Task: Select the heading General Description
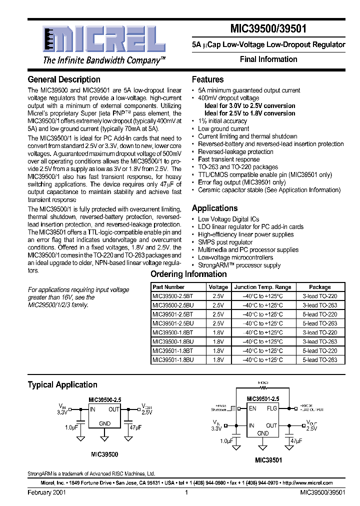[x=64, y=79]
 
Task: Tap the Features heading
[x=207, y=79]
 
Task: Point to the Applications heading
[x=214, y=208]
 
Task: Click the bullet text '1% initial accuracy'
[x=222, y=121]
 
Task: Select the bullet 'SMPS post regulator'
[x=225, y=242]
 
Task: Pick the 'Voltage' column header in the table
[x=218, y=287]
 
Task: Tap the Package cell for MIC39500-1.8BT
[x=319, y=332]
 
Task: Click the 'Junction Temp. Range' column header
[x=262, y=287]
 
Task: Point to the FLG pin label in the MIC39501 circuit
[x=271, y=408]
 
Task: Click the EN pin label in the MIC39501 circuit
[x=252, y=408]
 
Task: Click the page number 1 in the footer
[x=186, y=492]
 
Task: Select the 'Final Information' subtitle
[x=268, y=59]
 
